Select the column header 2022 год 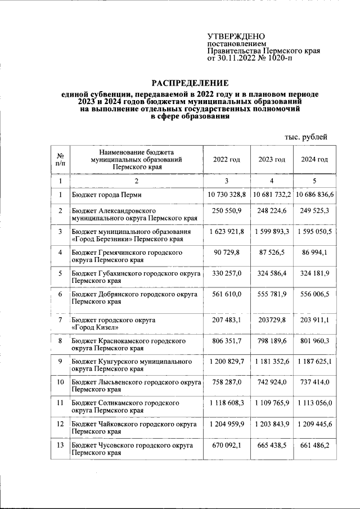pyautogui.click(x=226, y=160)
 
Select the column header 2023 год pyautogui.click(x=272, y=160)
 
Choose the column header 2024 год pyautogui.click(x=314, y=160)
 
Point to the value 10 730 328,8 pyautogui.click(x=226, y=194)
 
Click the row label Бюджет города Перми pyautogui.click(x=106, y=195)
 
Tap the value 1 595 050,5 pyautogui.click(x=315, y=231)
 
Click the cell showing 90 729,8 pyautogui.click(x=227, y=253)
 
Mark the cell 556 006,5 pyautogui.click(x=315, y=294)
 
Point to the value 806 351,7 pyautogui.click(x=227, y=340)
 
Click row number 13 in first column pyautogui.click(x=60, y=445)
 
